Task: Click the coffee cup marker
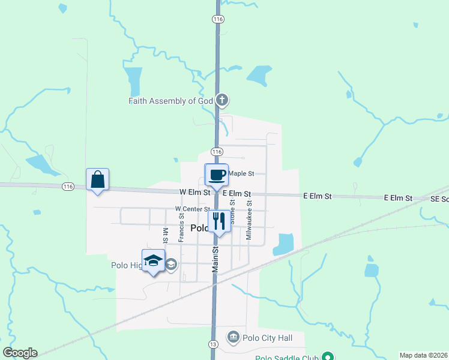(217, 175)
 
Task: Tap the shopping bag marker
(98, 179)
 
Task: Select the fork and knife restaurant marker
(219, 221)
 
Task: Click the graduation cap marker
(153, 261)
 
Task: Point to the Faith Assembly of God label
(171, 101)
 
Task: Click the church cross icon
(222, 100)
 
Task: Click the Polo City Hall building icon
(234, 337)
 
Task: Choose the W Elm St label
(194, 193)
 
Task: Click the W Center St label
(191, 209)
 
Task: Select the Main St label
(214, 260)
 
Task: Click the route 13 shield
(213, 344)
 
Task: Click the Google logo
(20, 353)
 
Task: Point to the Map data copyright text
(423, 355)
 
